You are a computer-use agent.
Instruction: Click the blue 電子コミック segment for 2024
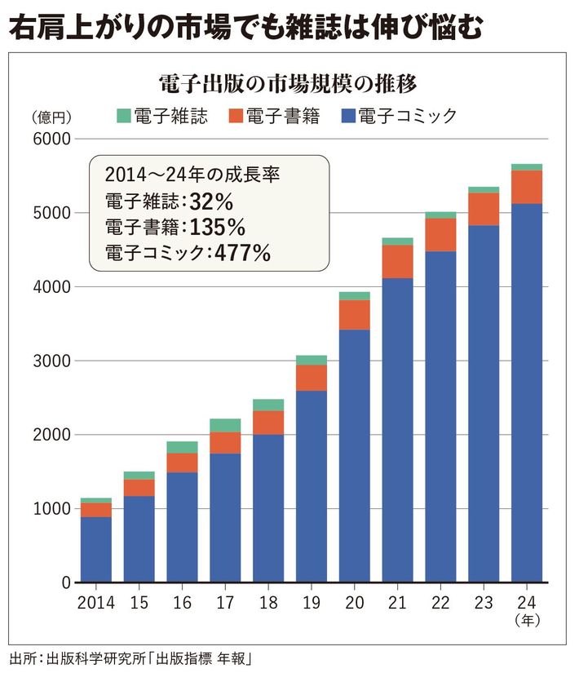527,392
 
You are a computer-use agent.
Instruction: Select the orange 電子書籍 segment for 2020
354,315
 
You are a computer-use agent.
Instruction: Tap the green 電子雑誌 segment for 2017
225,425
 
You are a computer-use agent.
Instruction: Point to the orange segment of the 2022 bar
440,235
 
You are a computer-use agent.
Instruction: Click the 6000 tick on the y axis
51,139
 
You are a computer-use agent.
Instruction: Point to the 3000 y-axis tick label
51,361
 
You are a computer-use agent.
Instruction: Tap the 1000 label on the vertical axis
51,509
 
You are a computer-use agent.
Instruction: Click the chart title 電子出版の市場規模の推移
290,83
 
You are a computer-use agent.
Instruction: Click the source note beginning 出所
130,658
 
